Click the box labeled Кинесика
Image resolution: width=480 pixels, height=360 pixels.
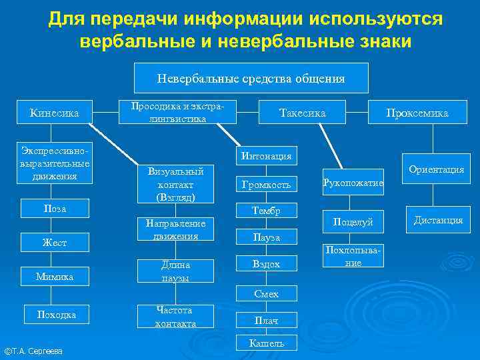[55, 113]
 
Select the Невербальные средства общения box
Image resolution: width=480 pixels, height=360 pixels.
[251, 78]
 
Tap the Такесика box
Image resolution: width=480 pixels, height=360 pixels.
[302, 113]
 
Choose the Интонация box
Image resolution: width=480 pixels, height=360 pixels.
[267, 156]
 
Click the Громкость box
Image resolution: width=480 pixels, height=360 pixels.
[267, 185]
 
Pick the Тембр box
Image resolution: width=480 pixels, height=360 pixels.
[267, 211]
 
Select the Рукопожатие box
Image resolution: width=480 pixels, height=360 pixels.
[353, 182]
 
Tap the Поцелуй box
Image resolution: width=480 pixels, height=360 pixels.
[353, 222]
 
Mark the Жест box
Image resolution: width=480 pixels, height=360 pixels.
[55, 243]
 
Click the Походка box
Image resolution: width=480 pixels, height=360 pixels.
[56, 315]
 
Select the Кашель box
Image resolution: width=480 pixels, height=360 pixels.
[267, 343]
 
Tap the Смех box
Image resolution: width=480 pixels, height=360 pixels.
[267, 294]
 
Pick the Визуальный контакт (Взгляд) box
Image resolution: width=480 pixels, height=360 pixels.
[175, 184]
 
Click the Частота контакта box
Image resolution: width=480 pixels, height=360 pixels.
[175, 317]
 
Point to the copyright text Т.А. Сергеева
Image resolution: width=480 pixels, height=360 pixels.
[33, 351]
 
